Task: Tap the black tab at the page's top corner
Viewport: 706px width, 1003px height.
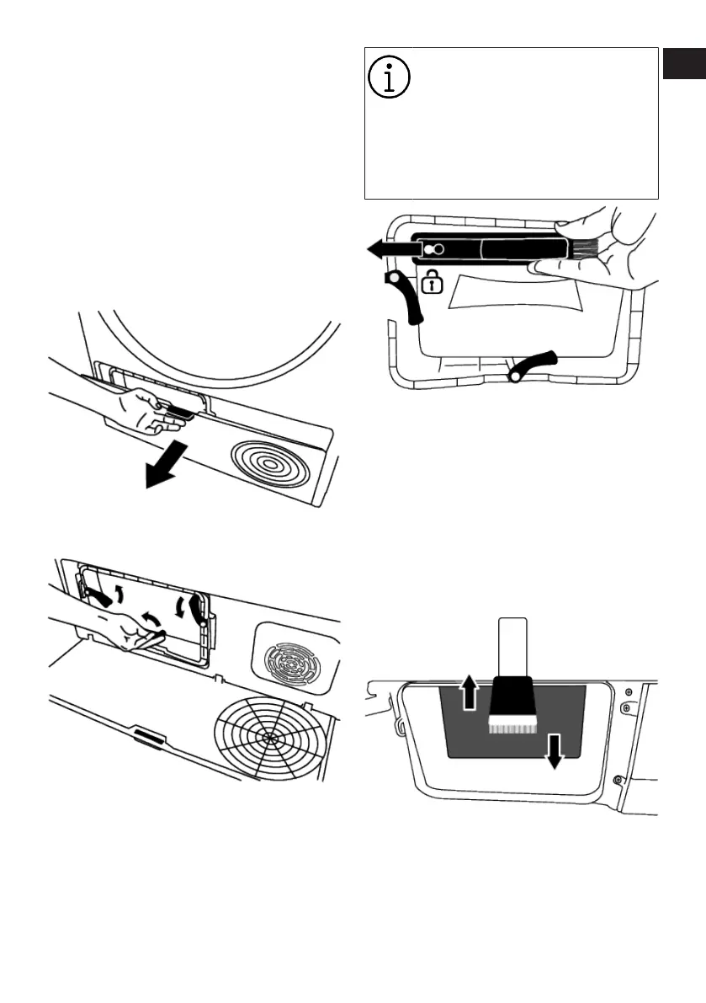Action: [x=683, y=64]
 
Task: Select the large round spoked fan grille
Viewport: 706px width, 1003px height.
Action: [x=268, y=735]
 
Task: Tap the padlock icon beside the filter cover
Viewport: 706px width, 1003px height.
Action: [x=432, y=283]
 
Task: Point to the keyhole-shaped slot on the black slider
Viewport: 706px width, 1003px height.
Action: [x=434, y=250]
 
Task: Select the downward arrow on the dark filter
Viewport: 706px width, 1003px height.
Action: [x=554, y=750]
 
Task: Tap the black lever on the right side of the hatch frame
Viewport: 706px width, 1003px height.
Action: [x=197, y=607]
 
